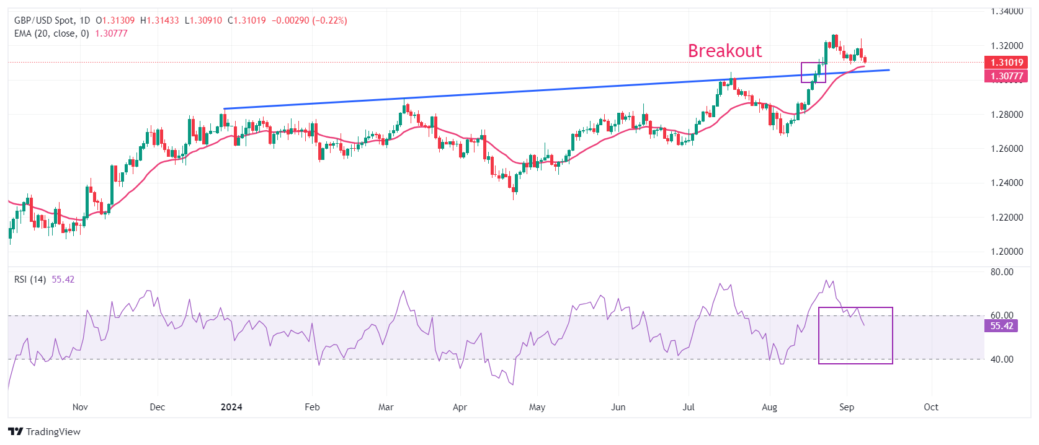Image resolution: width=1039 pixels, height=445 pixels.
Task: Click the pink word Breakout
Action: pyautogui.click(x=725, y=51)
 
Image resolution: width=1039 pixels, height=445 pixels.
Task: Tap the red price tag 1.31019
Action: pyautogui.click(x=1006, y=63)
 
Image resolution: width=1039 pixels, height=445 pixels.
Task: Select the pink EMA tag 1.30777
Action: pyautogui.click(x=1006, y=76)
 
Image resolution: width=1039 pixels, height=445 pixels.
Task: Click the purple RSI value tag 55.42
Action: pyautogui.click(x=1001, y=326)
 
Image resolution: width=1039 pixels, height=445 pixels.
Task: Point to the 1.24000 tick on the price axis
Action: pyautogui.click(x=1006, y=183)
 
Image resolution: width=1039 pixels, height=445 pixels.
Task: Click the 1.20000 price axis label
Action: pyautogui.click(x=1006, y=252)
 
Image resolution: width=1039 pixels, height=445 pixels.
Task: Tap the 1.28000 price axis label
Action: pyautogui.click(x=1006, y=115)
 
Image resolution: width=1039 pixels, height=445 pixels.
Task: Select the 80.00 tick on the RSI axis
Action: pyautogui.click(x=1002, y=272)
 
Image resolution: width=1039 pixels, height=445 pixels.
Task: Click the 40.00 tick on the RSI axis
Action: pyautogui.click(x=1002, y=359)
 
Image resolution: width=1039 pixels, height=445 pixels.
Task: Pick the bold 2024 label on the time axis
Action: pyautogui.click(x=231, y=407)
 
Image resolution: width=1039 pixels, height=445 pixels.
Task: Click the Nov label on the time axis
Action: pyautogui.click(x=80, y=407)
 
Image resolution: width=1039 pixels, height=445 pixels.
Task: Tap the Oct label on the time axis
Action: pyautogui.click(x=930, y=407)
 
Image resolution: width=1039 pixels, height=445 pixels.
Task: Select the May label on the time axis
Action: pyautogui.click(x=537, y=407)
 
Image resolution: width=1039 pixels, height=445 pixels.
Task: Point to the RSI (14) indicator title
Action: pyautogui.click(x=30, y=280)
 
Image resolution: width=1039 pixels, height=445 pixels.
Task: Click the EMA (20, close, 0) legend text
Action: pyautogui.click(x=51, y=33)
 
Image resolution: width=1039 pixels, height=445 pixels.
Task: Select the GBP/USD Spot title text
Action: pyautogui.click(x=43, y=20)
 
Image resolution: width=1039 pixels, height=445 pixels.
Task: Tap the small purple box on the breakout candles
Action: pyautogui.click(x=813, y=73)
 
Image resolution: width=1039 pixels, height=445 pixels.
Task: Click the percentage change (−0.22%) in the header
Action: pyautogui.click(x=329, y=20)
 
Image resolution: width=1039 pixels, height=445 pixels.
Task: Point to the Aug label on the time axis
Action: pyautogui.click(x=769, y=407)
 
